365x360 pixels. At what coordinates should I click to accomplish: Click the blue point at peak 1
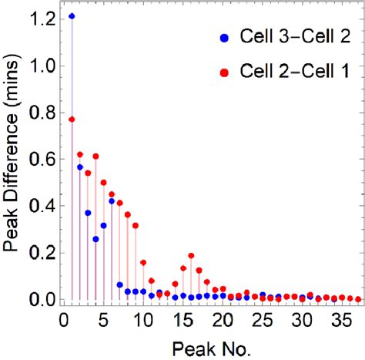[72, 16]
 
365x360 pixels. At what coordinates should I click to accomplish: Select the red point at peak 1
[72, 119]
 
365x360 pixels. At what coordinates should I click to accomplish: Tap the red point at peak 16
[191, 255]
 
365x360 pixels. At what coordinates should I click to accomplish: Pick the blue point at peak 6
[112, 201]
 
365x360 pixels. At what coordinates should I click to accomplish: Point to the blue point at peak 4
[95, 239]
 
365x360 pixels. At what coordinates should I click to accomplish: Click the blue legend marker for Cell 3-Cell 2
[224, 36]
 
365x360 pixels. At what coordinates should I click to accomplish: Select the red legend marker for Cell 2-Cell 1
[224, 72]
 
